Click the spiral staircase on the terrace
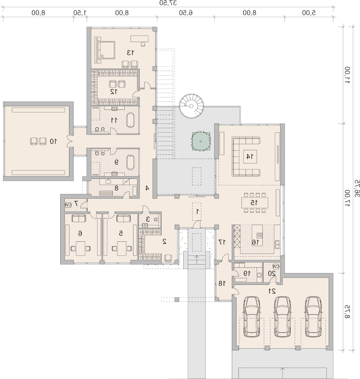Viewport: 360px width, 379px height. pyautogui.click(x=191, y=106)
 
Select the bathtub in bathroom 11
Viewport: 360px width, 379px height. pyautogui.click(x=131, y=120)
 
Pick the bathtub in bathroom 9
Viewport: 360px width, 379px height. pyautogui.click(x=130, y=162)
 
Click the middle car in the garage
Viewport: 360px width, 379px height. pyautogui.click(x=282, y=316)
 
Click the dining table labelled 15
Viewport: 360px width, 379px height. pyautogui.click(x=255, y=202)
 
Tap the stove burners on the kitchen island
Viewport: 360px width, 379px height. pyautogui.click(x=259, y=235)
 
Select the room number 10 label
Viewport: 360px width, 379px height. pyautogui.click(x=53, y=141)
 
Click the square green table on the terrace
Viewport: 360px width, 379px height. pyautogui.click(x=201, y=141)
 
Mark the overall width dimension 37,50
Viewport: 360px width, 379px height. pyautogui.click(x=168, y=3)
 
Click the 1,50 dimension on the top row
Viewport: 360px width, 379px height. pyautogui.click(x=80, y=13)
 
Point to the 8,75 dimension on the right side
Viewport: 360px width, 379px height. pyautogui.click(x=347, y=312)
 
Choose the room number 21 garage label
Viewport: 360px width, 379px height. pyautogui.click(x=272, y=291)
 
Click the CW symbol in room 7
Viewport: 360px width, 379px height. pyautogui.click(x=68, y=205)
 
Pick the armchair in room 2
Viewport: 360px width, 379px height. pyautogui.click(x=168, y=258)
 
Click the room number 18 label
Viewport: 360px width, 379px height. pyautogui.click(x=222, y=283)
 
